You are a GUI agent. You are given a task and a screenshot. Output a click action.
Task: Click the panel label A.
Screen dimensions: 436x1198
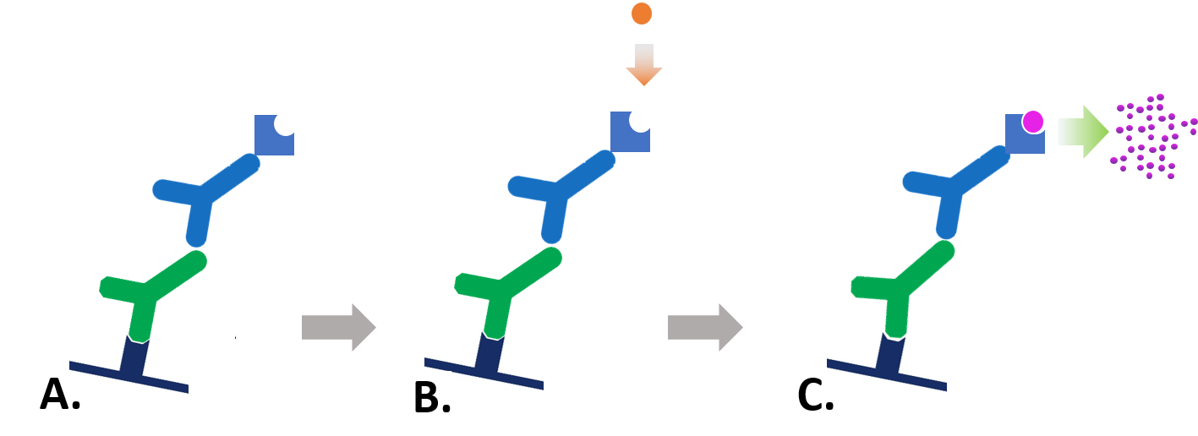[x=60, y=394]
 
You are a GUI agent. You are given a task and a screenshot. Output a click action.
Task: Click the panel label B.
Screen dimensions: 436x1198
[x=431, y=398]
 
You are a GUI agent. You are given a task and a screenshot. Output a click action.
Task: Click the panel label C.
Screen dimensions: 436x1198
[x=816, y=396]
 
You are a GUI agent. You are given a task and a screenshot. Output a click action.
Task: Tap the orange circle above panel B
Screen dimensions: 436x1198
[x=642, y=14]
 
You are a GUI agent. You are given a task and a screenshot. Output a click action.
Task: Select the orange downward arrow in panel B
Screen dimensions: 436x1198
[x=643, y=65]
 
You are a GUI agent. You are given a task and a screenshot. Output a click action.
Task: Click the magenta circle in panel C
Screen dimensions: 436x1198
[x=1032, y=122]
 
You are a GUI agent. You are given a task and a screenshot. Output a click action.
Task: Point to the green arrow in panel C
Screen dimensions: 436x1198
[x=1083, y=131]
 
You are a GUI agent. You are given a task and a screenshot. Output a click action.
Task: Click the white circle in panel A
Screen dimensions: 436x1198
[x=285, y=123]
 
